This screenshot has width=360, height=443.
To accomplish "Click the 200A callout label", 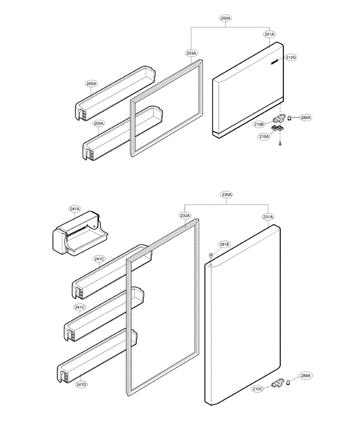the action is coord(225,18).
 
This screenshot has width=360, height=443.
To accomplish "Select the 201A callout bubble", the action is coord(270,34).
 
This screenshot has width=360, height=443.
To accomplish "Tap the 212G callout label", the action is coord(291,58).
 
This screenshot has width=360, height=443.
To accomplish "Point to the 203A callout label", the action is coord(191,54).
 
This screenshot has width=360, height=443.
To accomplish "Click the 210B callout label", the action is coord(259,124).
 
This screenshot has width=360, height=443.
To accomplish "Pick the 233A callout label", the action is coord(185,216).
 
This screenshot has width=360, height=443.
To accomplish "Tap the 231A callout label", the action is coord(268,217).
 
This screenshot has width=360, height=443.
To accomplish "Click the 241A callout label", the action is coord(74,209).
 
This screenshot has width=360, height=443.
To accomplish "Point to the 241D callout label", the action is coord(81,385).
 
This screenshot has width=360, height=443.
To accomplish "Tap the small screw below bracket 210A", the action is coord(280,144).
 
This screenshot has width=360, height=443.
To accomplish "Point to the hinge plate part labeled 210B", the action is coord(280,119).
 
